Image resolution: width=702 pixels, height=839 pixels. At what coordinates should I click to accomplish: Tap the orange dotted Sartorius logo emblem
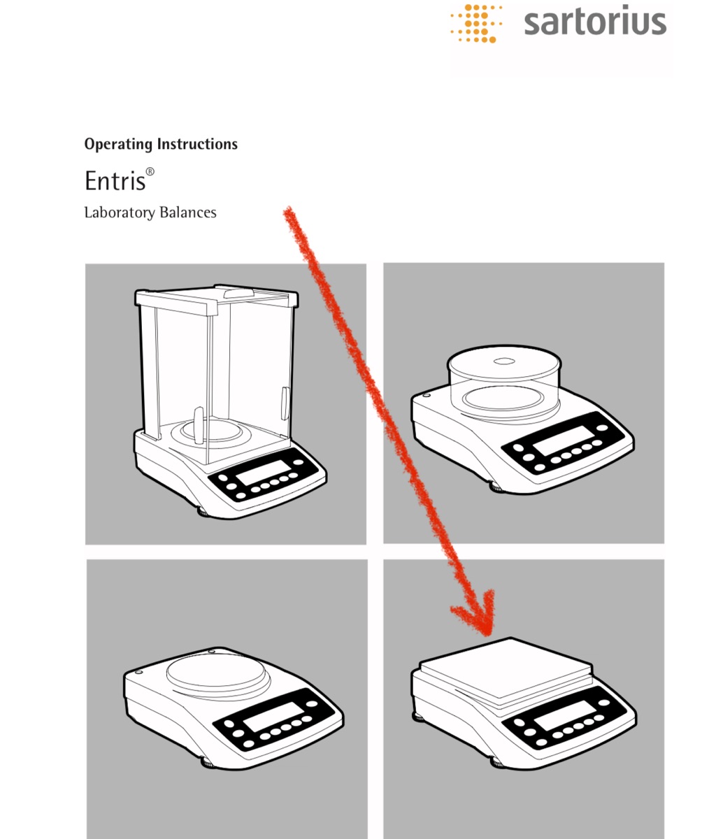click(x=476, y=23)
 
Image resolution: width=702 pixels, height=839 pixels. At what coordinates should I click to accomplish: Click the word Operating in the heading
click(x=119, y=144)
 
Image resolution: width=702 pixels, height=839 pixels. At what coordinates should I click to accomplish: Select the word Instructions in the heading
click(x=197, y=143)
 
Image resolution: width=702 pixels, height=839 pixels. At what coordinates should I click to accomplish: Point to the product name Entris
click(x=115, y=180)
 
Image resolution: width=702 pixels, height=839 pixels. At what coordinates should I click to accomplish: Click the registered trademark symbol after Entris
click(x=150, y=172)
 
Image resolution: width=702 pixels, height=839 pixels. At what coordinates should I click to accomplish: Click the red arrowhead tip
click(x=487, y=635)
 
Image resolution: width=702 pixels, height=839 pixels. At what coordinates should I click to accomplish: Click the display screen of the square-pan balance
click(x=564, y=715)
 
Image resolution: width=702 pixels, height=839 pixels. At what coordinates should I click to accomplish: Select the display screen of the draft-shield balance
click(x=263, y=472)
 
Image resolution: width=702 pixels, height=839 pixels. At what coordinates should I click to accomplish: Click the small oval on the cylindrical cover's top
click(x=503, y=361)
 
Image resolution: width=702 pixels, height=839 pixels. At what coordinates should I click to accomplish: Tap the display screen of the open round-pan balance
click(x=273, y=717)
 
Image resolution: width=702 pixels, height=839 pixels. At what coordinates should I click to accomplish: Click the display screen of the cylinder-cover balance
click(x=564, y=440)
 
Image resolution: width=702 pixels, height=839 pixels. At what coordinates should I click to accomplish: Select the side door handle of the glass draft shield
click(x=285, y=403)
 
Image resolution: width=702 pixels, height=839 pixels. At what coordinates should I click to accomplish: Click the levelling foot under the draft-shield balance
click(x=203, y=512)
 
